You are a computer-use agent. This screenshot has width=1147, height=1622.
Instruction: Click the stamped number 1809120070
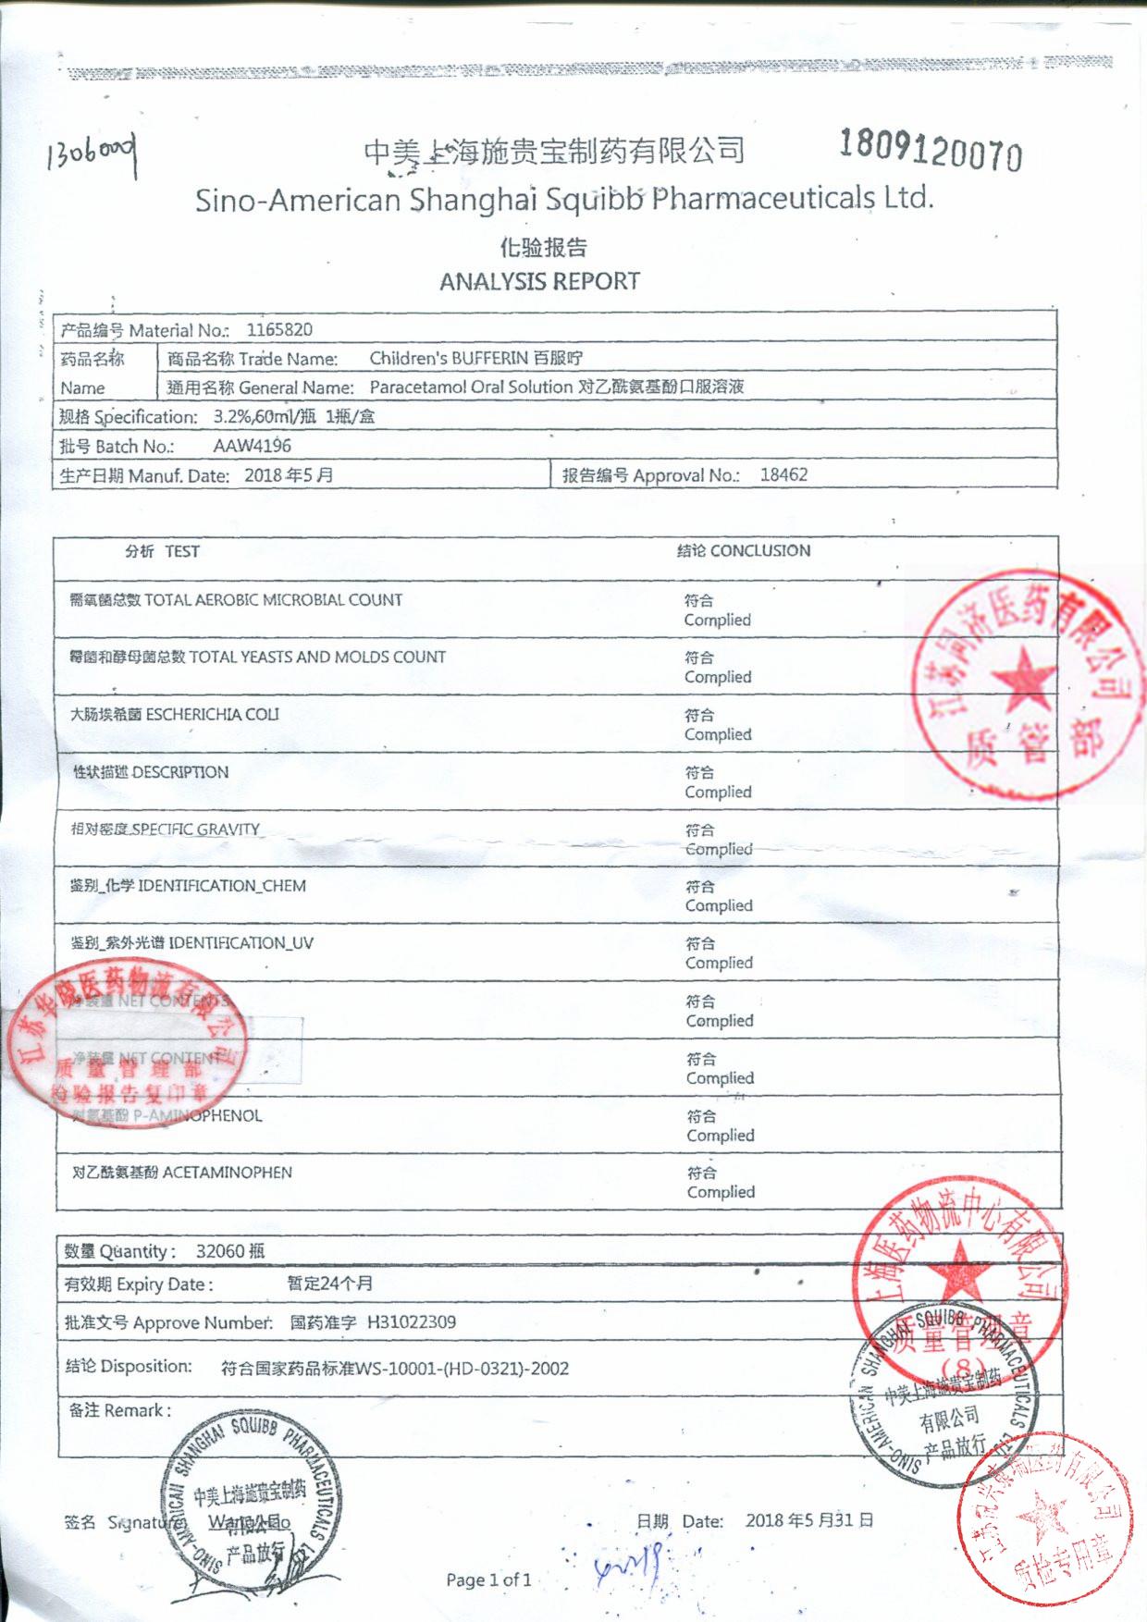(931, 150)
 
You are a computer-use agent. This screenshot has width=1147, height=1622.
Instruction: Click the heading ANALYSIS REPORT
(539, 281)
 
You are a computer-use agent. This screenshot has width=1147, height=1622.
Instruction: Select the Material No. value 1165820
(279, 329)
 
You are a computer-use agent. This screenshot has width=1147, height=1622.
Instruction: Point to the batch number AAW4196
(252, 446)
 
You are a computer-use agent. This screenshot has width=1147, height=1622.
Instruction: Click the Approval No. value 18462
(783, 474)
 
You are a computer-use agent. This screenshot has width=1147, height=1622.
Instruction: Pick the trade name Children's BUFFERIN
(449, 358)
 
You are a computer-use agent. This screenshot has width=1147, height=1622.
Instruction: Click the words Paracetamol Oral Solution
(471, 387)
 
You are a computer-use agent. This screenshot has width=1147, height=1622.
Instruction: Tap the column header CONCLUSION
(760, 550)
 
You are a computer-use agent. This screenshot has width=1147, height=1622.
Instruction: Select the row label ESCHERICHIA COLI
(212, 714)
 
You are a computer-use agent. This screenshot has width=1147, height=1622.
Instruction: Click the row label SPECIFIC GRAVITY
(195, 829)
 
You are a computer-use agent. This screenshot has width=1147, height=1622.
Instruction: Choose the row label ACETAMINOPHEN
(227, 1173)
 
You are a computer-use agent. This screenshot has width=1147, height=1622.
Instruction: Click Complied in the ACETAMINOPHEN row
(721, 1193)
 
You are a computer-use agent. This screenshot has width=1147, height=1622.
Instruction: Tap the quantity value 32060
(220, 1251)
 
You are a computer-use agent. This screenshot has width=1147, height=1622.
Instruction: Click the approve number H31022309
(412, 1322)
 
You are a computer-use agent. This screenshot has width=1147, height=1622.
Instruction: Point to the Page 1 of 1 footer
(488, 1580)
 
